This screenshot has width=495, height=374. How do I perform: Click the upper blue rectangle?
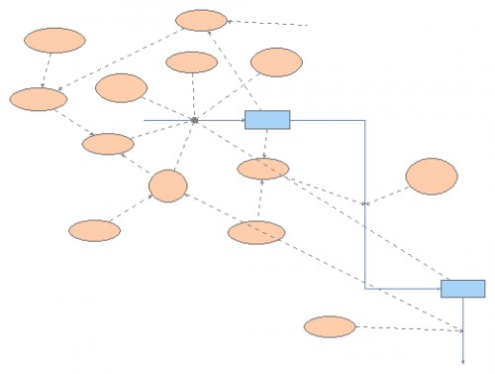point(267,120)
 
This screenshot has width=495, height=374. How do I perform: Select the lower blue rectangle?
point(462,289)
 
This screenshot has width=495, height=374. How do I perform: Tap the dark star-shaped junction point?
point(195,121)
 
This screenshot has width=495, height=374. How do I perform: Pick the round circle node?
point(168,186)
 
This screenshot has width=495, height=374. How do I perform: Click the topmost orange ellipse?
point(201,20)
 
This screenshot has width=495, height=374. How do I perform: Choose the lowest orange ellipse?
point(330,326)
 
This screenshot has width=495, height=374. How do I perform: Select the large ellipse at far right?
point(432,177)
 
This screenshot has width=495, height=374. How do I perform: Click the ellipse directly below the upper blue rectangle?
point(263,169)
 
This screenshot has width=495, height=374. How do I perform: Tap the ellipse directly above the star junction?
point(191,62)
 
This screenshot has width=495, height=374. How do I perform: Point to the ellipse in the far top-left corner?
point(54,41)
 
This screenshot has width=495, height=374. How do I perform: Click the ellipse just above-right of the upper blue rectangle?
point(276,62)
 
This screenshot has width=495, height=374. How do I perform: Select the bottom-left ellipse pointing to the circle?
point(95,230)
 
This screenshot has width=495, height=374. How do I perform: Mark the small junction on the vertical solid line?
point(365,202)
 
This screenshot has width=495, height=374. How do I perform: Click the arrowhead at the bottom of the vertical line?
point(463,360)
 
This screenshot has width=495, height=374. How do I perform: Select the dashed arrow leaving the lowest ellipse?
point(406,327)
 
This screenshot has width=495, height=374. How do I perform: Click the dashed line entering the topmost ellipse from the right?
point(267,23)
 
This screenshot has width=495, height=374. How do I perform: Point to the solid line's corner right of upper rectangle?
point(365,121)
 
